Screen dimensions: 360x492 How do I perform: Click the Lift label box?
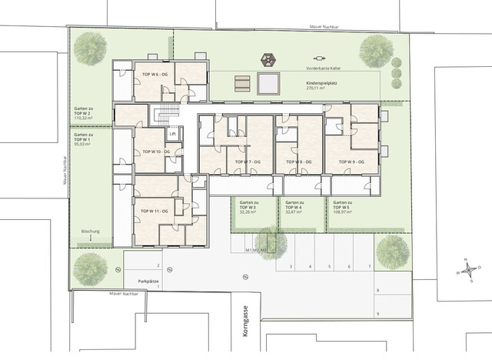(173, 133)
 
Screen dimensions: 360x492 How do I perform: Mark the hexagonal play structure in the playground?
(269, 58)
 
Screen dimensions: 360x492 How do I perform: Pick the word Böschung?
(90, 231)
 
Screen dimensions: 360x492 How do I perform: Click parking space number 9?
(377, 314)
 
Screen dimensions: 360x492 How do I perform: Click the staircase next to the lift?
(161, 115)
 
